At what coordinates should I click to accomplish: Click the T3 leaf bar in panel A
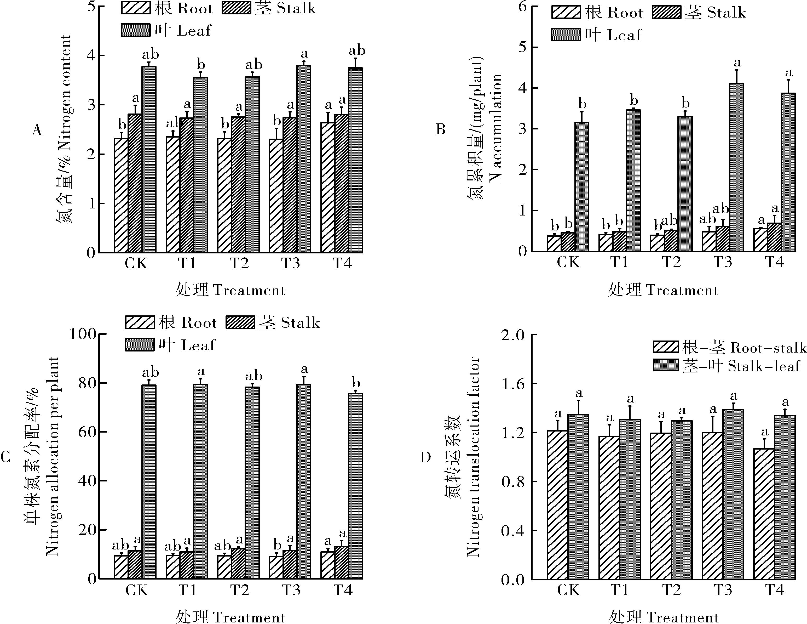pyautogui.click(x=303, y=159)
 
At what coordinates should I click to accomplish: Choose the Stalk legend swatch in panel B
pyautogui.click(x=666, y=13)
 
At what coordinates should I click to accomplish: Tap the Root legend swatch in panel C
pyautogui.click(x=140, y=322)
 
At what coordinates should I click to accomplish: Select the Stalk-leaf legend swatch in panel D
pyautogui.click(x=665, y=365)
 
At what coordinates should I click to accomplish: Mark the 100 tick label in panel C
pyautogui.click(x=83, y=334)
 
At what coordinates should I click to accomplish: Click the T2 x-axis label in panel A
pyautogui.click(x=239, y=263)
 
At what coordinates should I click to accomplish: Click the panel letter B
pyautogui.click(x=441, y=129)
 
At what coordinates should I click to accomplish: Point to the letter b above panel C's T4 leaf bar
pyautogui.click(x=356, y=383)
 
